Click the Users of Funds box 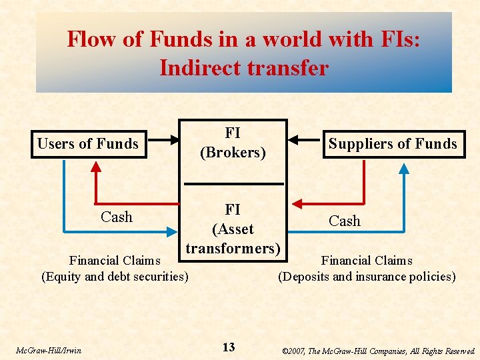pos(89,144)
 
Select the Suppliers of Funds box pos(393,144)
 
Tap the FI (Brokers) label pos(233,143)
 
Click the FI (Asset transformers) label pos(233,229)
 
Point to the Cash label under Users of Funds pos(117,217)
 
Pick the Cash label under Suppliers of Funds pos(345,221)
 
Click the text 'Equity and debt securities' pos(115,276)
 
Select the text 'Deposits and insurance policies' pos(367,276)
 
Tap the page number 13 pos(229,347)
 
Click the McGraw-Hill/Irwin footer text pos(49,350)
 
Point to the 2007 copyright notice pos(379,351)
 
